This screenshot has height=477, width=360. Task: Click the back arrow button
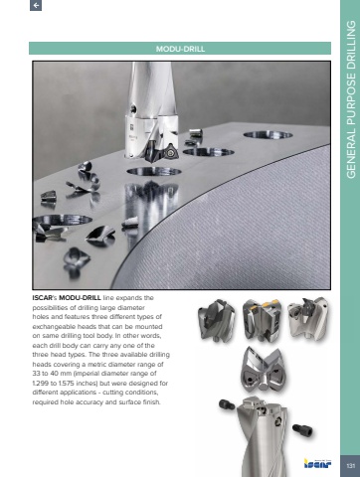pos(36,5)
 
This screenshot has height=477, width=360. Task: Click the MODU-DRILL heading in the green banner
pos(180,49)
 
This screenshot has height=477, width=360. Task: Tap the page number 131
pos(350,466)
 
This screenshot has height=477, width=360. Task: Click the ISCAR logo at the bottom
pos(317,463)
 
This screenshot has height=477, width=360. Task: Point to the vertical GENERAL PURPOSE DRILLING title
pos(351,99)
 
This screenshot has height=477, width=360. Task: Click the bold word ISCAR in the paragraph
pos(42,298)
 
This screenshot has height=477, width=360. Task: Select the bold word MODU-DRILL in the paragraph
pos(80,298)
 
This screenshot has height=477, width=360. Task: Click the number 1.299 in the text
pos(40,384)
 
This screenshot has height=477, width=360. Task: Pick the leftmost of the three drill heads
pos(217,320)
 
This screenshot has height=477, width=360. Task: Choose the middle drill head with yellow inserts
pos(262,320)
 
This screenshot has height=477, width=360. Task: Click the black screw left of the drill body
pos(227,404)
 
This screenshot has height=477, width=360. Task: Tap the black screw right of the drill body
pos(302,430)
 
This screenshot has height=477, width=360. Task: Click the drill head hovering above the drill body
pos(264,369)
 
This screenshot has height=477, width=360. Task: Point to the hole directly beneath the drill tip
pos(154,172)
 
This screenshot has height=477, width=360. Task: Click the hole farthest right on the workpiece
pos(268,135)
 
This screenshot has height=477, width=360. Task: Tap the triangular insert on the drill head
pos(171,152)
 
